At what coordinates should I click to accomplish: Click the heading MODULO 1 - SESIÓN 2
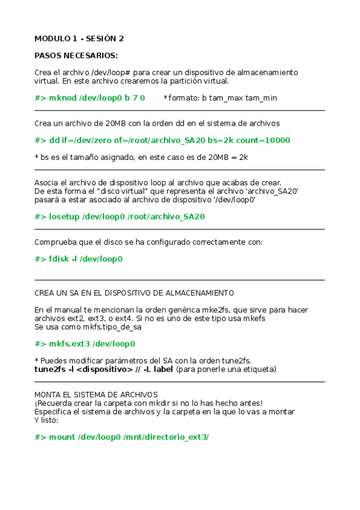click(79, 38)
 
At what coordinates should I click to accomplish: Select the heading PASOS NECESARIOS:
click(76, 55)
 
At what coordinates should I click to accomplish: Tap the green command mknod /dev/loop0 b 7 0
click(90, 97)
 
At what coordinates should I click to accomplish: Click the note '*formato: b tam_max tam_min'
click(221, 97)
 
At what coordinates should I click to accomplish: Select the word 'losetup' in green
click(63, 217)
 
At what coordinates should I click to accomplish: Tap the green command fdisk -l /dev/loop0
click(79, 259)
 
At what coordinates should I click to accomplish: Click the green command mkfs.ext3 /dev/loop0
click(85, 344)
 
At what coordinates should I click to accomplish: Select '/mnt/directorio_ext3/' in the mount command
click(166, 437)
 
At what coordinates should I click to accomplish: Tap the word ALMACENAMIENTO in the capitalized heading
click(195, 293)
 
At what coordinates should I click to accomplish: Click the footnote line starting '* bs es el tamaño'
click(141, 157)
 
